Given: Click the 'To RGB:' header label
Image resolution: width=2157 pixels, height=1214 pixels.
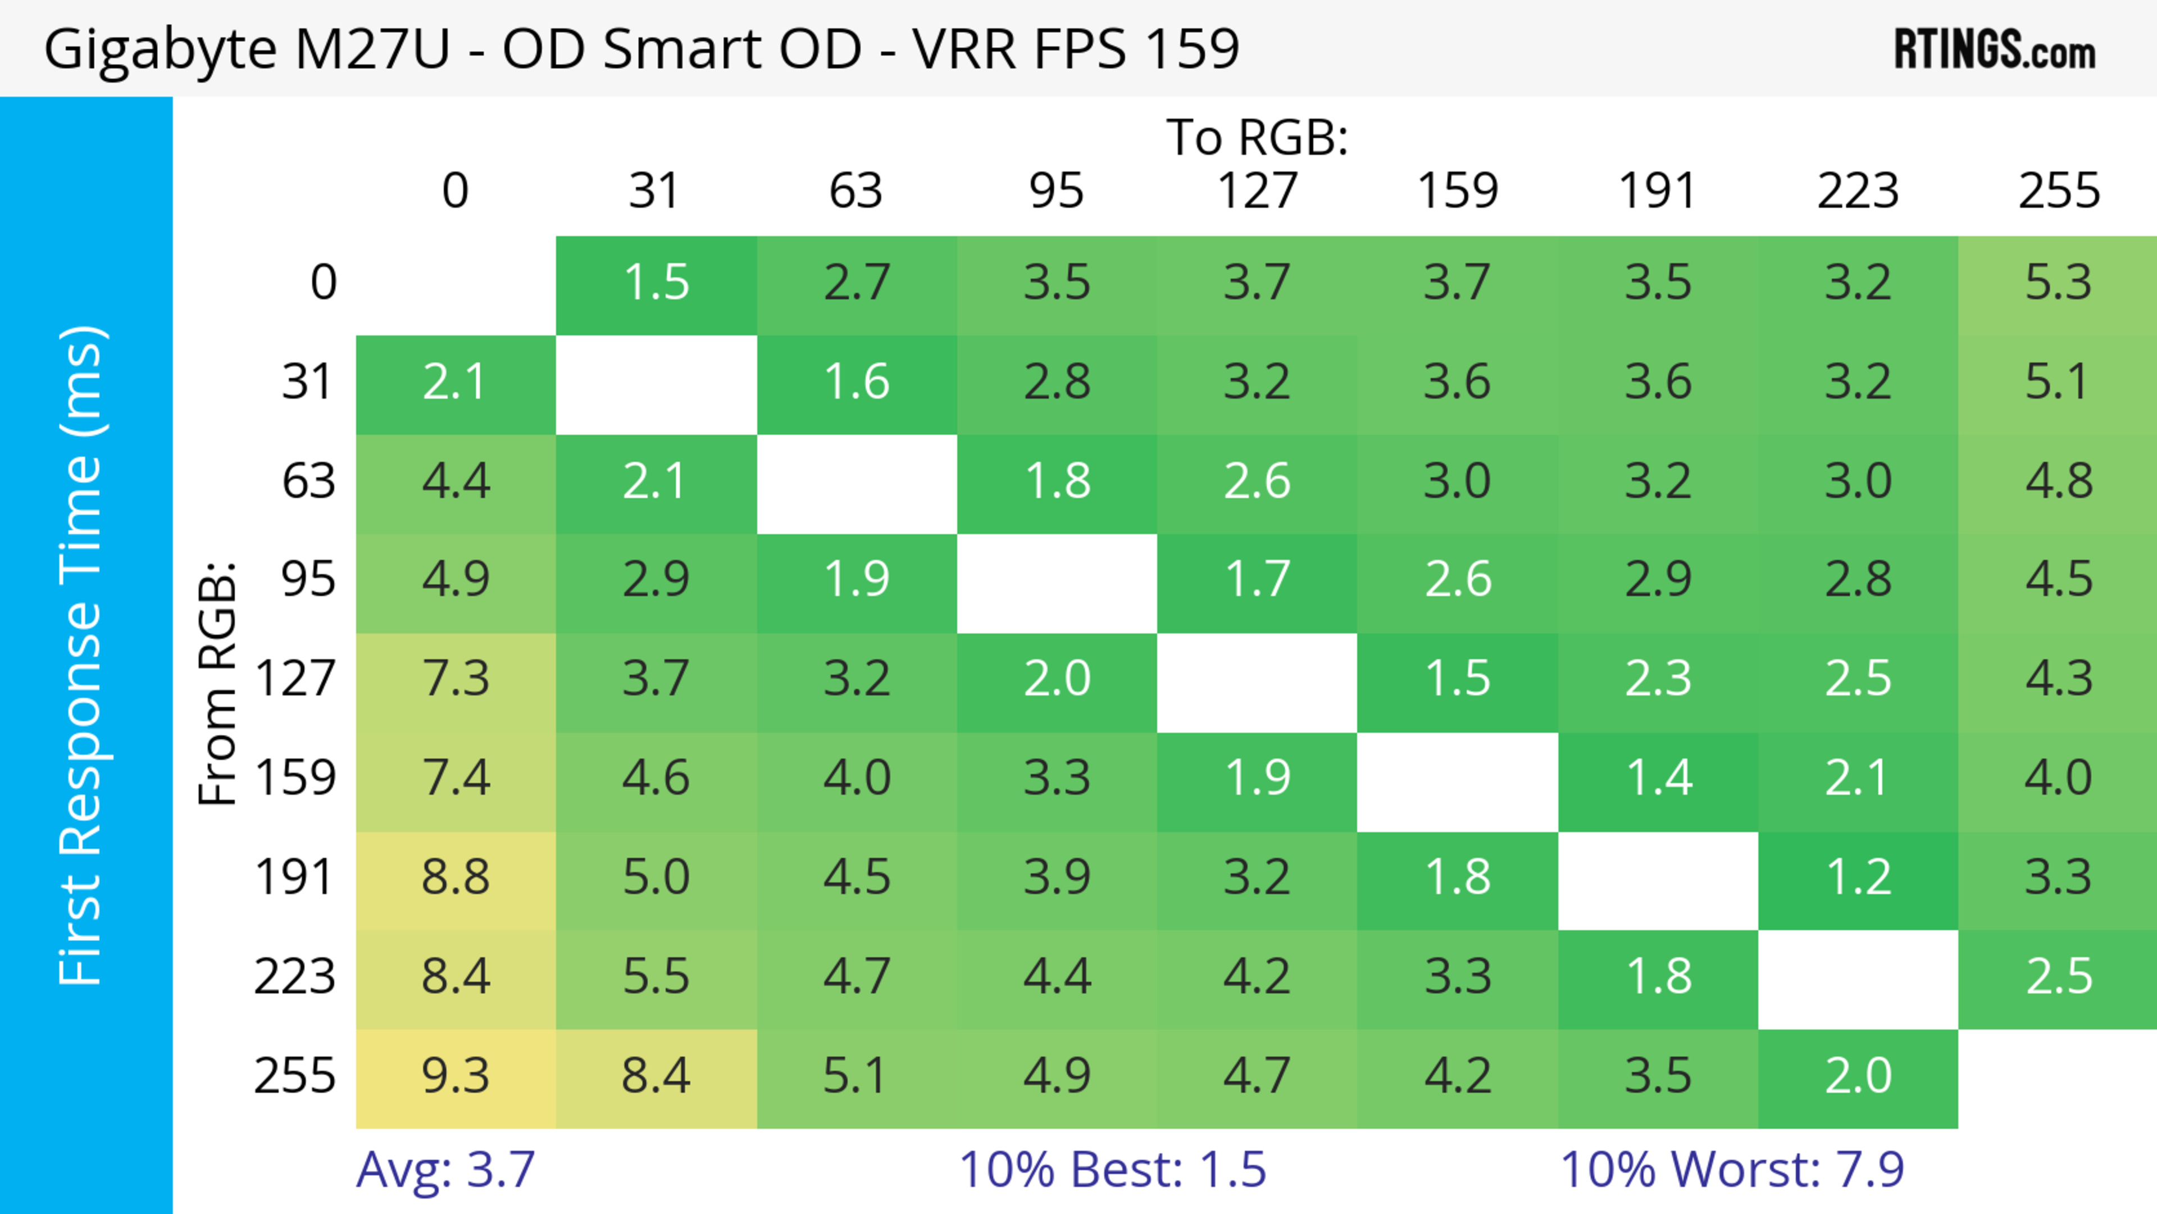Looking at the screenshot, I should (x=1256, y=137).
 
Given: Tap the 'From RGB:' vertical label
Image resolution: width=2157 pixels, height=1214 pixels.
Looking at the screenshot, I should (x=217, y=683).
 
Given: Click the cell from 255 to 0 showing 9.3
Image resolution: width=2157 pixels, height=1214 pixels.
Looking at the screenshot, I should (x=456, y=1077).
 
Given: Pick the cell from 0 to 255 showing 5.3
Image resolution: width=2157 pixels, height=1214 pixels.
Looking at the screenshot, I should (x=2058, y=284).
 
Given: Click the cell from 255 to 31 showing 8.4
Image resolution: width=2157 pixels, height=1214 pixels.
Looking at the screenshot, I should (x=656, y=1077).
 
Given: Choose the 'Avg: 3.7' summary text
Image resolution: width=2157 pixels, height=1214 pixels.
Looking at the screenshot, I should (x=445, y=1170).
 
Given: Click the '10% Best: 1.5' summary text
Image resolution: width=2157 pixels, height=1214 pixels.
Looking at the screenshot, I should (x=1112, y=1170).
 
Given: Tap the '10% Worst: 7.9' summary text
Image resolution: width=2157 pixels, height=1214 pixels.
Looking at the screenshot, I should (x=1732, y=1170).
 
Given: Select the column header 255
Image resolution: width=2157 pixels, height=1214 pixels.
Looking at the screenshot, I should (x=2058, y=192).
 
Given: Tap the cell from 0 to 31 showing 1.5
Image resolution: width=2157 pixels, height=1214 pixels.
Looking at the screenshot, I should (x=656, y=284).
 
